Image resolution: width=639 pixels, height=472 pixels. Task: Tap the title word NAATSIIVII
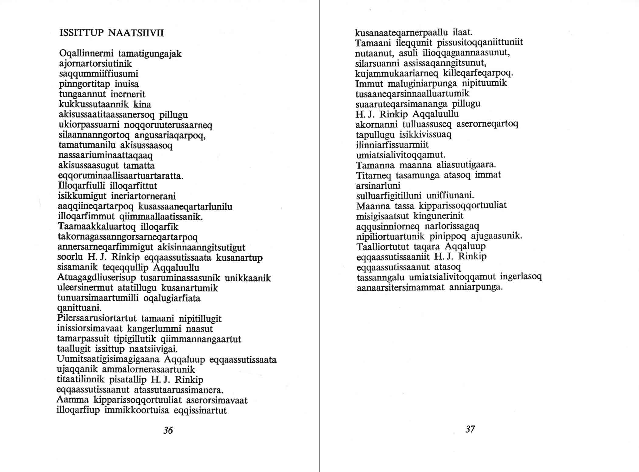136,33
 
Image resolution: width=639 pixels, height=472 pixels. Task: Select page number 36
168,430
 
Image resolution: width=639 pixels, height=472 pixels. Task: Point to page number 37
470,429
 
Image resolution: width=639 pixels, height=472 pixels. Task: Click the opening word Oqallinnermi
86,54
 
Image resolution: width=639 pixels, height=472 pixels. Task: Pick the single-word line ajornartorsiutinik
95,64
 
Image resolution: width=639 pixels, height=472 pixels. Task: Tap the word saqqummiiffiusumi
99,74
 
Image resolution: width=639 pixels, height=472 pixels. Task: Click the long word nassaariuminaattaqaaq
105,156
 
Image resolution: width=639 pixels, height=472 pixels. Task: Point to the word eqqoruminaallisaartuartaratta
120,176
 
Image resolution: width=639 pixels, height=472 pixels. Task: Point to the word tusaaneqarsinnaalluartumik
412,93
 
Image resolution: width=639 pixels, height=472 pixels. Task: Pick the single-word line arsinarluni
378,185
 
